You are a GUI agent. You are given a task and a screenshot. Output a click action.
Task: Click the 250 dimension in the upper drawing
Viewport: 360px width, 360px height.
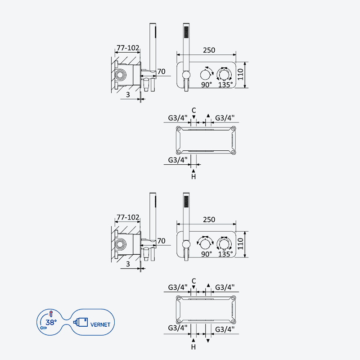click(209, 50)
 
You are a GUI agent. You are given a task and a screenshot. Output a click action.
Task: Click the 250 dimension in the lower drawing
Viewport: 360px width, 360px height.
click(209, 220)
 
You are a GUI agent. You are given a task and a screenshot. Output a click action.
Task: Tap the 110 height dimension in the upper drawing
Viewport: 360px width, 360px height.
click(240, 74)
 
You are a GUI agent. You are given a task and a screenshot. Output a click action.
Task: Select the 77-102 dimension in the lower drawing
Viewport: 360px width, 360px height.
click(128, 217)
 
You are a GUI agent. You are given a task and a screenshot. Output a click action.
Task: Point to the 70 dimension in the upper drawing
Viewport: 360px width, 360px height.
click(161, 72)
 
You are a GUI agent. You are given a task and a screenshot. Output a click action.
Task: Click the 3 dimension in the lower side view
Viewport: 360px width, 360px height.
click(128, 264)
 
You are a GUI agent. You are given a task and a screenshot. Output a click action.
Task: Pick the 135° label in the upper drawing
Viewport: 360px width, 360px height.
click(225, 85)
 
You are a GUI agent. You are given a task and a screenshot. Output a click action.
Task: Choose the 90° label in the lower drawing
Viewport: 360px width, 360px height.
click(207, 254)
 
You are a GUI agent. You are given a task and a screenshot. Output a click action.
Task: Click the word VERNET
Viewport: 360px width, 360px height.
click(100, 324)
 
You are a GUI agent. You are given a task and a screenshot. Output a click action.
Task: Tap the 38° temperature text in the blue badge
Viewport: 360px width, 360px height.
click(51, 322)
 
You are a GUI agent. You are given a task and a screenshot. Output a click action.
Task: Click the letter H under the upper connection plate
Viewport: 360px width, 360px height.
click(193, 176)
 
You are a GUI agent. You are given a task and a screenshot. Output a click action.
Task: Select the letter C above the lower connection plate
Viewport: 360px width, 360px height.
click(194, 281)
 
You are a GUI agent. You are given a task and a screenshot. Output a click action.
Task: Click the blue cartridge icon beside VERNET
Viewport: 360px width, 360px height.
click(81, 322)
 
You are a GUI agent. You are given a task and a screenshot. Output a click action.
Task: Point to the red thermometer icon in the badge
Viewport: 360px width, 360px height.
click(51, 314)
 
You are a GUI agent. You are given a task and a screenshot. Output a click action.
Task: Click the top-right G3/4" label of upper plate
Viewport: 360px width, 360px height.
click(225, 118)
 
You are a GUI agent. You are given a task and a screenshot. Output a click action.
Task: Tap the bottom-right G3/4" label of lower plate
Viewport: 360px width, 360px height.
click(225, 329)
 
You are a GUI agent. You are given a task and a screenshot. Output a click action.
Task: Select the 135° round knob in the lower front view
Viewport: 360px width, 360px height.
click(224, 244)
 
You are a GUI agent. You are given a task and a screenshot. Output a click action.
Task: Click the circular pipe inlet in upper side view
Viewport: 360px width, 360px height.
click(121, 75)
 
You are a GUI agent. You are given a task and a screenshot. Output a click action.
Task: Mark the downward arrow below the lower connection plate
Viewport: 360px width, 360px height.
click(208, 341)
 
